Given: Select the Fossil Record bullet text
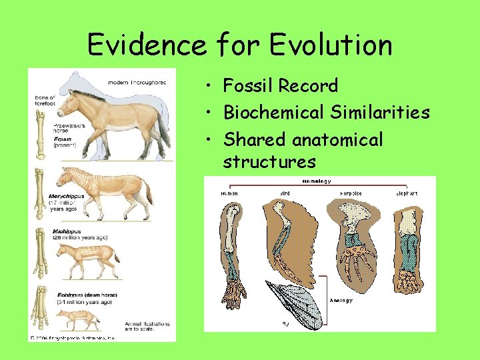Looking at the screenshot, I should coord(281,85).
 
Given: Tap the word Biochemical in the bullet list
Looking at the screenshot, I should coord(274,112).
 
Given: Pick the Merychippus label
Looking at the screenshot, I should coord(66,196).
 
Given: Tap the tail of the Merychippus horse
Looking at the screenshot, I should coord(148,193).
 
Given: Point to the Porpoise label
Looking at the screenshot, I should coord(351,194).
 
